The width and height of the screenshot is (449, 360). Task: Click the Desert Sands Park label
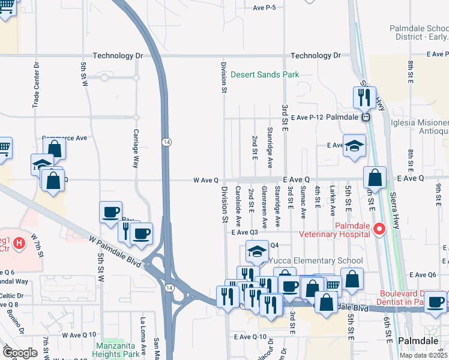point(265,75)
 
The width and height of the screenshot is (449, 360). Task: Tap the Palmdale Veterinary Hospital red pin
point(379,229)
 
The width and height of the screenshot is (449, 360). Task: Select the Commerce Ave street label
point(64,138)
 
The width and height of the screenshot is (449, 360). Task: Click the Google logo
point(19,353)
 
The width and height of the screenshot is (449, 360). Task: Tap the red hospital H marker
point(19,243)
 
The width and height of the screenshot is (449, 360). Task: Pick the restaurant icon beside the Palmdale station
point(364,97)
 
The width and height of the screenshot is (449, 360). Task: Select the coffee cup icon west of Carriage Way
point(111,212)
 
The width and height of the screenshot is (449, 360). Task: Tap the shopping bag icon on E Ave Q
point(375,178)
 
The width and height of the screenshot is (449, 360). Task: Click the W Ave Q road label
point(209,180)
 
